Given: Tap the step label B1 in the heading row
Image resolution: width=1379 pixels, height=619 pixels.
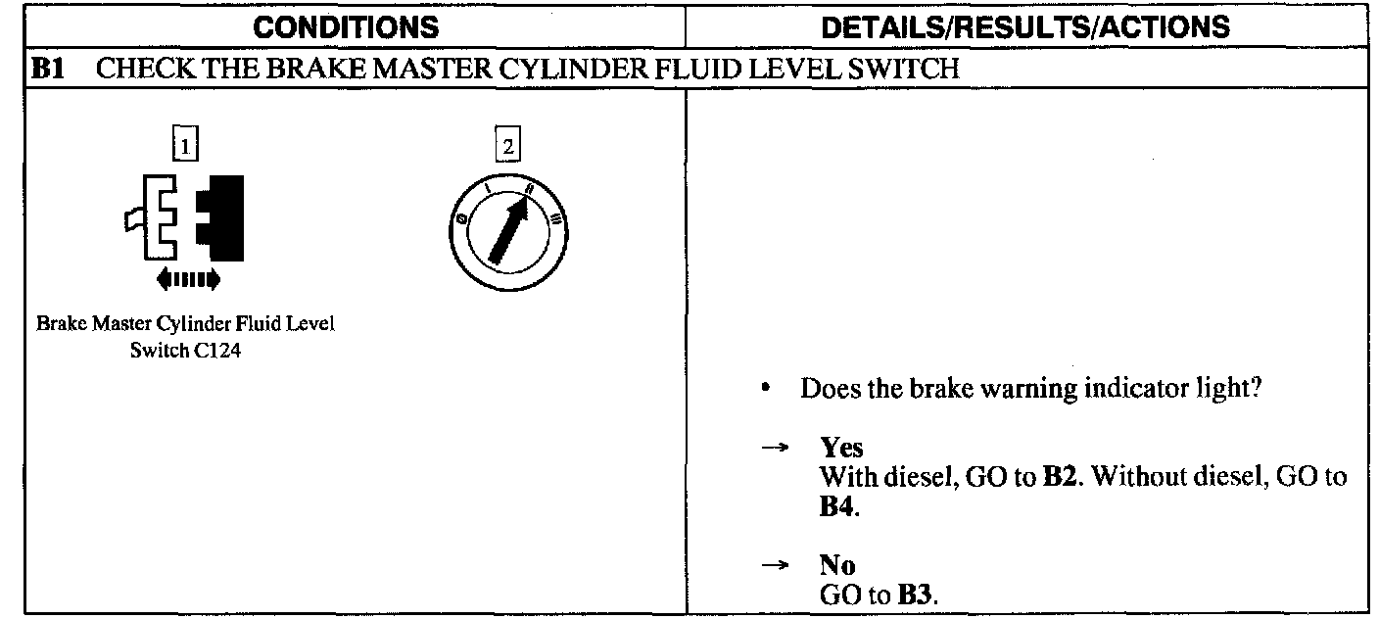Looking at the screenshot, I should pos(48,71).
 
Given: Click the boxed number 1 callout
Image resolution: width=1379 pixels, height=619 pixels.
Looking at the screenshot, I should pos(184,147).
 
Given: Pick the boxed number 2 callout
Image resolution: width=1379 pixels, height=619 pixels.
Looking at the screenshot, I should pos(506,147).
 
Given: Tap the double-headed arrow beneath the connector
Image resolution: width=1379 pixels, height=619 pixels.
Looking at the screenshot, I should pos(188,281).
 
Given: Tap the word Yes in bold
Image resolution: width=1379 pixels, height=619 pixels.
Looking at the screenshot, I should pos(841,448).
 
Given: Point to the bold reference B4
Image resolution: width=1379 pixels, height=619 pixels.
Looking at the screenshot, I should pos(833,506).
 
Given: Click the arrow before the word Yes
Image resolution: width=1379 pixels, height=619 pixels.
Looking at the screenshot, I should pos(775,448).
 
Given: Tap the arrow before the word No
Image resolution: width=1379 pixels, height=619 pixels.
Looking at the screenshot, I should pos(775,565).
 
